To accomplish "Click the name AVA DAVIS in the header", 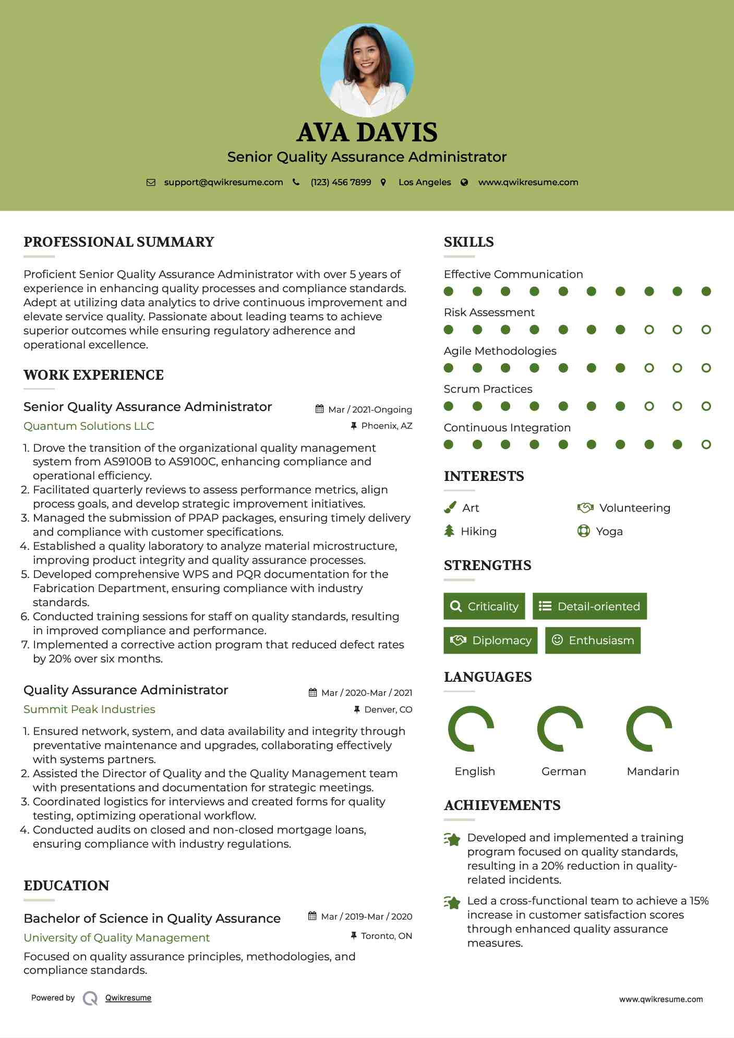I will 367,132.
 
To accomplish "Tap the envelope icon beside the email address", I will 151,183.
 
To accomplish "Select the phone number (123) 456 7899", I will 341,183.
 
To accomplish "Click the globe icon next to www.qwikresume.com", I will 464,183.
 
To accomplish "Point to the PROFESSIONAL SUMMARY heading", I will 119,242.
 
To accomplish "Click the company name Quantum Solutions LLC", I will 89,426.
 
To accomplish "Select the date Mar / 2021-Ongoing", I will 370,409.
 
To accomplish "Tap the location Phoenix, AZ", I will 387,426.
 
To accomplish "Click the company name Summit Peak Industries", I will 89,709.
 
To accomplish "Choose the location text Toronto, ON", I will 387,936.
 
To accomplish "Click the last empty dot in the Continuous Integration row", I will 706,444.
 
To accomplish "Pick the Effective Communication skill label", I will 513,274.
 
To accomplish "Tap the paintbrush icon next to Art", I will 450,508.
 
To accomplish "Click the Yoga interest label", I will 609,532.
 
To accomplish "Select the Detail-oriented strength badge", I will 589,606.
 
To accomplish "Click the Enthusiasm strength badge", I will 593,641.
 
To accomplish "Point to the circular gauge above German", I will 560,729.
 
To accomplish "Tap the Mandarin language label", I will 653,771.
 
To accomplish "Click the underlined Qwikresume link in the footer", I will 128,998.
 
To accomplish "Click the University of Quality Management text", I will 116,938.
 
